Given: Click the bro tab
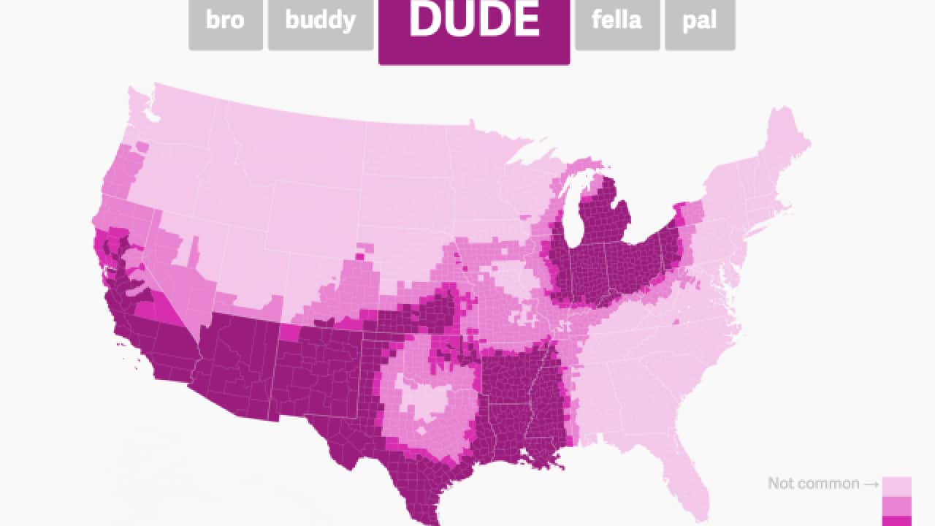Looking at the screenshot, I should (x=225, y=21).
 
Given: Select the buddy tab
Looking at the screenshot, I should (x=320, y=21).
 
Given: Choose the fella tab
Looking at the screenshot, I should (x=617, y=21).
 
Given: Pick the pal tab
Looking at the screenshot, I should (x=699, y=21).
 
